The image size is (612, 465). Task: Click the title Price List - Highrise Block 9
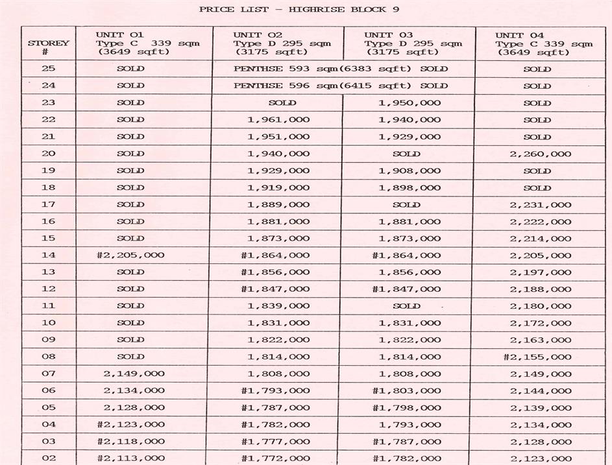click(299, 9)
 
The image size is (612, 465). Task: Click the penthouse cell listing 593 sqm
click(341, 69)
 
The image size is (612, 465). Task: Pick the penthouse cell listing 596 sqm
click(341, 86)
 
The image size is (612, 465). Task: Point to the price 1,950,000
click(409, 102)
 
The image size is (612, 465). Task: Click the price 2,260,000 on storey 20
click(540, 154)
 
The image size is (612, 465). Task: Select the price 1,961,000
click(278, 119)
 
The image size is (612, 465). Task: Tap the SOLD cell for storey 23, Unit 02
click(282, 102)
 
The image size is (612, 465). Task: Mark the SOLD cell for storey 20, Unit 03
click(406, 154)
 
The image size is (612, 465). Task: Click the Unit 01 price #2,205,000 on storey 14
click(130, 255)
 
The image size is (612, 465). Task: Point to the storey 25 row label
click(49, 69)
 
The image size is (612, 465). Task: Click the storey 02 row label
click(49, 458)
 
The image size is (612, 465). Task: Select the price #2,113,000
click(130, 458)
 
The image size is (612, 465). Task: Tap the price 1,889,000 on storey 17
click(278, 204)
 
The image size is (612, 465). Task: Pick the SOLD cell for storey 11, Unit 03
click(406, 305)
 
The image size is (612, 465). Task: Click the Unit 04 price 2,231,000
click(540, 204)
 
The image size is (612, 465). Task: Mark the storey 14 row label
click(49, 255)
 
